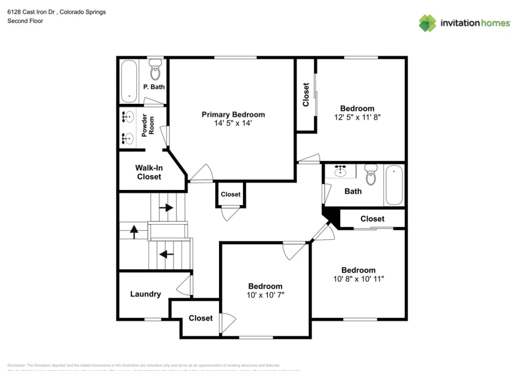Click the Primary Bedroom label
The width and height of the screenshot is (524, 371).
coord(233,114)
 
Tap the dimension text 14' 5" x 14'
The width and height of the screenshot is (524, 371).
coord(233,123)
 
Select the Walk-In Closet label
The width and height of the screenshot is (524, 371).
coord(149,172)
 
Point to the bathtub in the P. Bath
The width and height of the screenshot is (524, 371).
coord(129,81)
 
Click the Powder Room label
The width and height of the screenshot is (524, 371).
coord(148,125)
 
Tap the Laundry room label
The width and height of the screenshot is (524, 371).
coord(145,294)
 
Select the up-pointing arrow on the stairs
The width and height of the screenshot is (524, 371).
coord(134,231)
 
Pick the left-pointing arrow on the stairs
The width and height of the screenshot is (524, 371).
coord(166,255)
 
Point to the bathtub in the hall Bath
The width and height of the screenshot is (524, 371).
coord(394,185)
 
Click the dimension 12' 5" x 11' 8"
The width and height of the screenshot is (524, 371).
coord(357,118)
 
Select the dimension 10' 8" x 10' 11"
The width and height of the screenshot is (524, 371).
coord(358,279)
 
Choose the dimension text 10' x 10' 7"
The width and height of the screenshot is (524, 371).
coord(265,295)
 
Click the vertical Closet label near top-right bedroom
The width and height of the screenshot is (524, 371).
coord(306,94)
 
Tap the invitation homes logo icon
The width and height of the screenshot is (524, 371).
coord(427,23)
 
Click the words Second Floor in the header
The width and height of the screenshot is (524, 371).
coord(25,21)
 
